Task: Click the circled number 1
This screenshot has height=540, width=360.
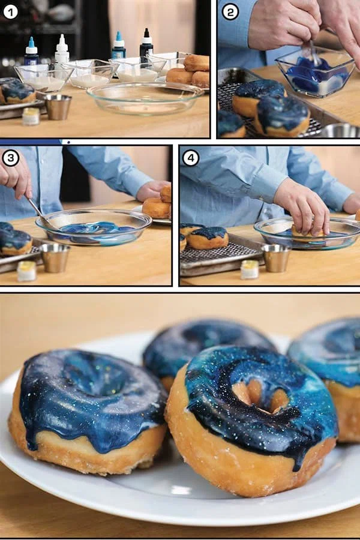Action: click(x=10, y=13)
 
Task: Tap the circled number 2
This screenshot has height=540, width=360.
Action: click(x=230, y=12)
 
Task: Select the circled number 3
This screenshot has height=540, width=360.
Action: click(x=11, y=158)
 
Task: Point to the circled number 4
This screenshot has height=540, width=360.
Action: click(x=191, y=158)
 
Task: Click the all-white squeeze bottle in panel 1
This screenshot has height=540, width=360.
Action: click(x=62, y=49)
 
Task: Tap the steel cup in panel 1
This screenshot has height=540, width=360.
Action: click(x=58, y=107)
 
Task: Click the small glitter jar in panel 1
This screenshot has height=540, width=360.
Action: click(x=31, y=116)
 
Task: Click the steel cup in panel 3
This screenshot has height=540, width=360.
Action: click(x=55, y=257)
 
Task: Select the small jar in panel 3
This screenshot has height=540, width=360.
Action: click(x=27, y=271)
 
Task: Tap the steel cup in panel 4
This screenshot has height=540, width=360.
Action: click(x=275, y=258)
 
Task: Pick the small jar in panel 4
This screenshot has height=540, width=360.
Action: click(x=250, y=269)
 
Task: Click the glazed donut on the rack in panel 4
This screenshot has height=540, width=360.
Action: click(x=207, y=238)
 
